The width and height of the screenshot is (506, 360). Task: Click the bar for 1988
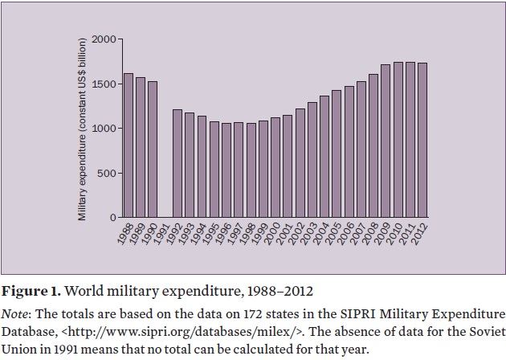129,145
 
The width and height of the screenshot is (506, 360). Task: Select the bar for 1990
153,149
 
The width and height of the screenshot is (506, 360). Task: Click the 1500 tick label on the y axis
104,84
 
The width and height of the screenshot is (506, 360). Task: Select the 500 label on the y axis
108,174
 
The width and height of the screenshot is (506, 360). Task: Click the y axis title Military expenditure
82,129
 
